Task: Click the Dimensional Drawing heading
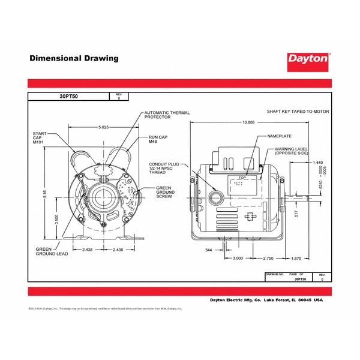coord(74,59)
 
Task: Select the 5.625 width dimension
coord(104,127)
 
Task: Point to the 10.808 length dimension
coord(249,122)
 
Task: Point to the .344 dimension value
coord(208,249)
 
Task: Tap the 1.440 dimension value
coord(318,163)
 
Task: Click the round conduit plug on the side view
coord(215,196)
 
